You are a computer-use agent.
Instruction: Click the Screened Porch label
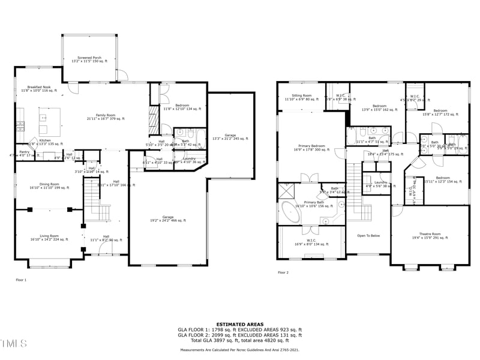point(89,59)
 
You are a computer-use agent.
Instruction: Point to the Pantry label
point(24,154)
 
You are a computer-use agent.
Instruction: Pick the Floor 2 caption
point(283,272)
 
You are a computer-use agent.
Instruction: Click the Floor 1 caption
point(22,280)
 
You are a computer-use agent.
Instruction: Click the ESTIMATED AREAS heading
point(239,324)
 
